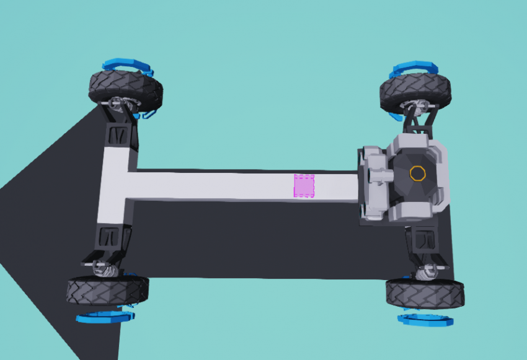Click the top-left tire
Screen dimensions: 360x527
[125, 88]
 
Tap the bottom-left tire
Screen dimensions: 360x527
[107, 290]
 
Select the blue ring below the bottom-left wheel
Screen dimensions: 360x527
[105, 317]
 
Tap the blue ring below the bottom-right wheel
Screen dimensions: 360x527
[425, 320]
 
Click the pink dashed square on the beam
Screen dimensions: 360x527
[304, 185]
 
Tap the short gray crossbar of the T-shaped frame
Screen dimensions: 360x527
[115, 186]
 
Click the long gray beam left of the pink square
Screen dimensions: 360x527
[211, 185]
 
